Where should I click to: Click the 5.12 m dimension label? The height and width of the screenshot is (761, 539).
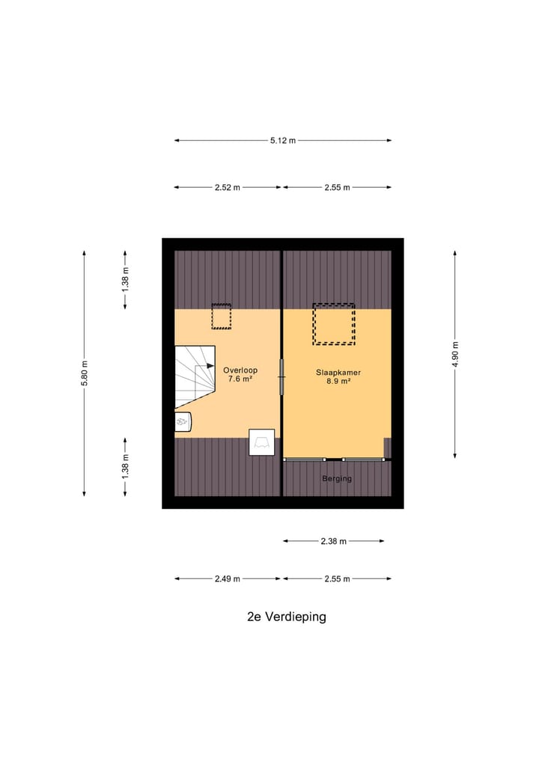[283, 141]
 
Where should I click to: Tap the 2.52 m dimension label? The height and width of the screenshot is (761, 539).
[227, 188]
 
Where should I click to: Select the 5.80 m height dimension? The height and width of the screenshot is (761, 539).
[85, 373]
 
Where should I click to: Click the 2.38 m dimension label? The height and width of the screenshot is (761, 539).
[334, 541]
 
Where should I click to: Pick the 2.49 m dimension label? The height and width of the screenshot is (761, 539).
[227, 578]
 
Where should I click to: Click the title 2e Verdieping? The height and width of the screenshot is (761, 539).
[287, 617]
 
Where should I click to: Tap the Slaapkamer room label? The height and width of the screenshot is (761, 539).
[338, 370]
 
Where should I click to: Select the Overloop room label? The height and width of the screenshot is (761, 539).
[240, 370]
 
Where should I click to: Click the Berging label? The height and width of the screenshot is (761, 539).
[337, 478]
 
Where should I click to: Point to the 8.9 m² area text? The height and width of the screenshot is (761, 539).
[338, 381]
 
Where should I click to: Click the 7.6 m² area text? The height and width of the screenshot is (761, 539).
[240, 380]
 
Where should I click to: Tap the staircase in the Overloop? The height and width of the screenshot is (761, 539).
[195, 377]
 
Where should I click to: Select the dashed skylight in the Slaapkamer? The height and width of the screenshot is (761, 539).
[333, 324]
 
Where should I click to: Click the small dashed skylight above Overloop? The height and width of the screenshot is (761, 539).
[221, 317]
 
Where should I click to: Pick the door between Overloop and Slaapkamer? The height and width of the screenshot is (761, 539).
[282, 376]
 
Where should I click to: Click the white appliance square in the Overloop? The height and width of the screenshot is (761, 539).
[262, 442]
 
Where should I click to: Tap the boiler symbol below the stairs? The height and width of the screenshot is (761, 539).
[183, 423]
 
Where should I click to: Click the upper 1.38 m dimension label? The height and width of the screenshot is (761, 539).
[126, 278]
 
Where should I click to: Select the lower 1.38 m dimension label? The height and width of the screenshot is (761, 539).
[126, 466]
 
